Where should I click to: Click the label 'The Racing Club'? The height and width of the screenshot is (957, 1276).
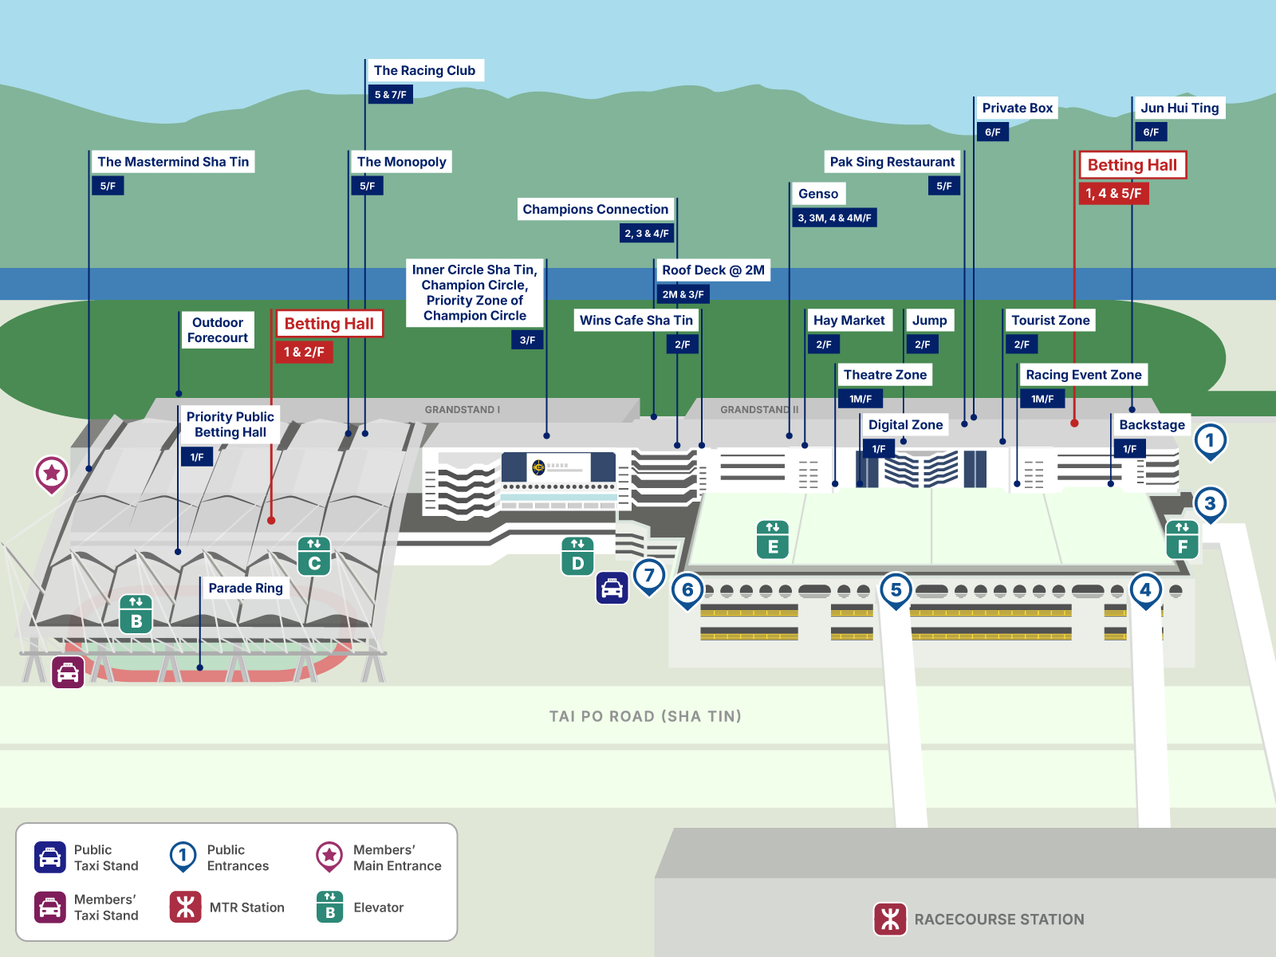click(424, 71)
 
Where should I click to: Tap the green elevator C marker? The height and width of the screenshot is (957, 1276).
click(314, 556)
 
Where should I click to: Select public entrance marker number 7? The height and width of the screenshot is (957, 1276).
click(649, 575)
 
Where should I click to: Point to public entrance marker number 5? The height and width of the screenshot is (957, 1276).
click(896, 590)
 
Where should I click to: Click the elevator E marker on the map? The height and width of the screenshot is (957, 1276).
click(772, 540)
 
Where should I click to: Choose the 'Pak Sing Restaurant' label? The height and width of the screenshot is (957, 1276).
click(892, 162)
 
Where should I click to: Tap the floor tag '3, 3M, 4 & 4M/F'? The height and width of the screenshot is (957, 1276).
click(834, 218)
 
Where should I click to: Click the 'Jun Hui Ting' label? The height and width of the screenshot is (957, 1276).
click(1179, 108)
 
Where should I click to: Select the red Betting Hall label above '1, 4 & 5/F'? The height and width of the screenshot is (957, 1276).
click(1132, 165)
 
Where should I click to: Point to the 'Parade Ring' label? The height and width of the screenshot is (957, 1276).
click(246, 589)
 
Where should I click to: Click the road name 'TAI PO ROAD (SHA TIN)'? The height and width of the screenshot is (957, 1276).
click(645, 716)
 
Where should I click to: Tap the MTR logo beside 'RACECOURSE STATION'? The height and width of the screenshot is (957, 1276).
click(890, 919)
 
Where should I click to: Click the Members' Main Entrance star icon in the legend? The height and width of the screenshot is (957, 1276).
click(329, 857)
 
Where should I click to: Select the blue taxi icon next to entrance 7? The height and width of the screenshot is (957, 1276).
click(612, 589)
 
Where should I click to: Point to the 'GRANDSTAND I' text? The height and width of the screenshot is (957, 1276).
click(462, 410)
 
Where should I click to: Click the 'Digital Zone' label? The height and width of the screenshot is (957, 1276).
click(905, 425)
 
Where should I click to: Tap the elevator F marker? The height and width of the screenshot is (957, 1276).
click(1182, 539)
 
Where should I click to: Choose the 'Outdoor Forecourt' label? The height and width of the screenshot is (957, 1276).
click(217, 330)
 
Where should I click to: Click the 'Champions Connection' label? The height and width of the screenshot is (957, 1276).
click(595, 210)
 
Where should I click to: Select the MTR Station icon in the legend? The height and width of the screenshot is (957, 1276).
click(186, 907)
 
